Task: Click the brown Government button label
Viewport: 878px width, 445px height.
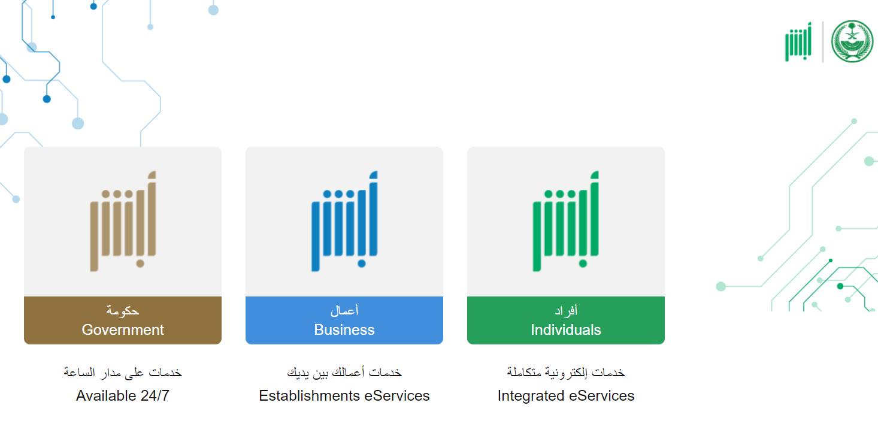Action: pos(123,320)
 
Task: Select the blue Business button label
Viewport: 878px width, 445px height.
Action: pos(344,320)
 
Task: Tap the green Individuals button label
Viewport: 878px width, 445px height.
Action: pos(565,320)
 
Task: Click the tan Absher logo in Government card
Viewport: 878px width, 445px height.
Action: pos(123,221)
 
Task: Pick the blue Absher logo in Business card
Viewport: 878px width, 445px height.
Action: pos(344,221)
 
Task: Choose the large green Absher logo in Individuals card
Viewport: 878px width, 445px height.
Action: pos(565,221)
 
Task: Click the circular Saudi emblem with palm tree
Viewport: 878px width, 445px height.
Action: pos(852,41)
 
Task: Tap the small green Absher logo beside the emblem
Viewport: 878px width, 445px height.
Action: pos(798,41)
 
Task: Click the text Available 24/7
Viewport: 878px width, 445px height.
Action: pos(123,396)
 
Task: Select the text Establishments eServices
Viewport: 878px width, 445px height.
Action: pos(344,396)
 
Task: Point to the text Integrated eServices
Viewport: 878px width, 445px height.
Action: pos(565,396)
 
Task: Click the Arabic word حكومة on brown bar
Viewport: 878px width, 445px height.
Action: pos(123,311)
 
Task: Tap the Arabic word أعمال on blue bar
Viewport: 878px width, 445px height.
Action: pos(344,310)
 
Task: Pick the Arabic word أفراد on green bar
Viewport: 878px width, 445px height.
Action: pos(565,310)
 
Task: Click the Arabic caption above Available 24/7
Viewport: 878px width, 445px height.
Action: pos(123,372)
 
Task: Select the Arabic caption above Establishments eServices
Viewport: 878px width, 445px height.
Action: pos(344,372)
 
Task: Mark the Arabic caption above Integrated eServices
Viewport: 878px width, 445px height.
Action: pos(565,372)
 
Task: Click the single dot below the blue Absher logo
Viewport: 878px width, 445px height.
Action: pos(362,264)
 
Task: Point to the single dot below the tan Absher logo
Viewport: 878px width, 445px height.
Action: pos(140,264)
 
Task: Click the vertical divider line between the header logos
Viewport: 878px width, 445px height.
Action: pos(823,41)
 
